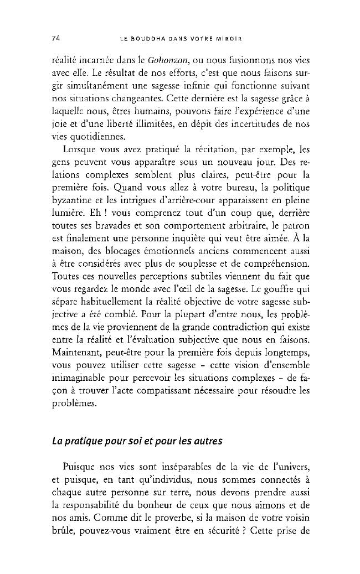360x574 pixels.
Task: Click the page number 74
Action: [x=55, y=39]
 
